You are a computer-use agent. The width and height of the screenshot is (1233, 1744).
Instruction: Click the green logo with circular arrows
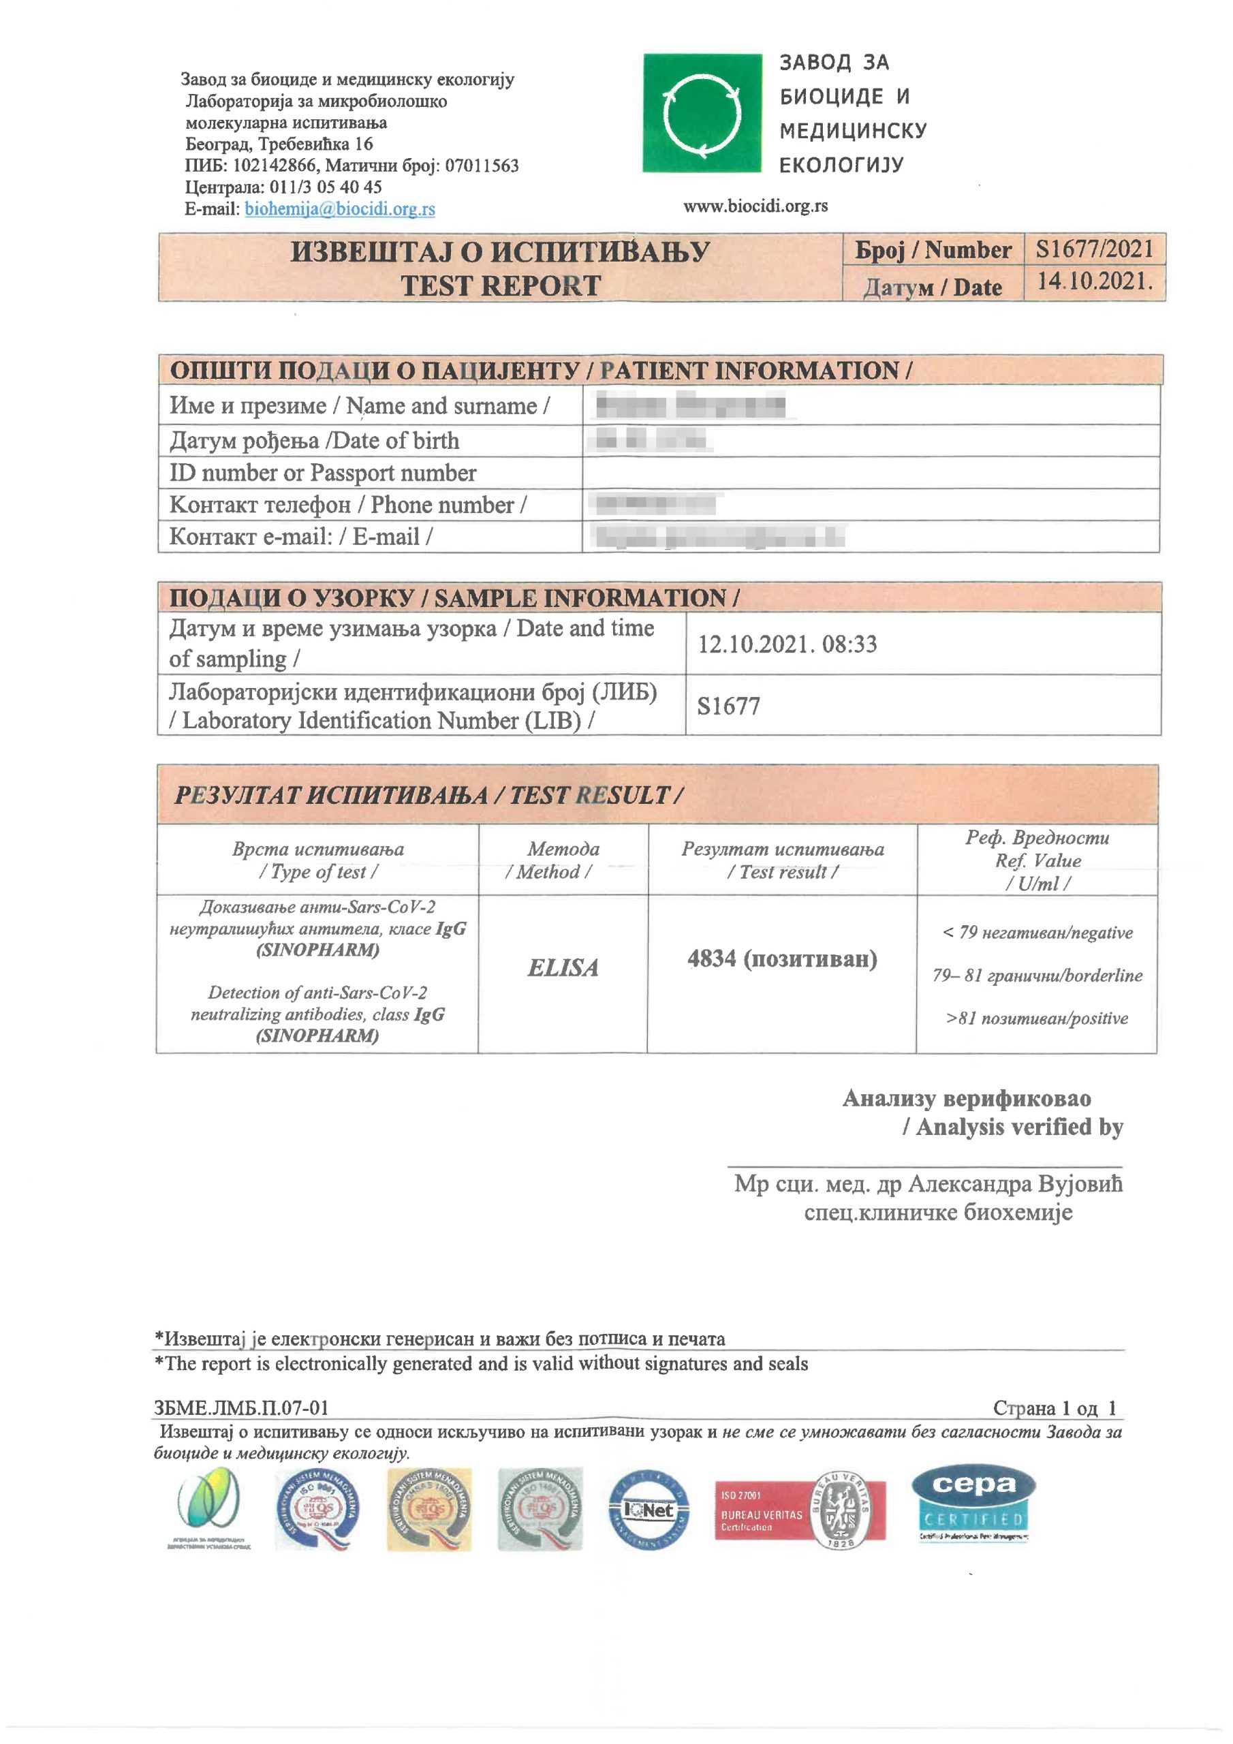pos(701,113)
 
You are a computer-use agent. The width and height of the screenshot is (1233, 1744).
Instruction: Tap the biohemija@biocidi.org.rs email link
pos(340,209)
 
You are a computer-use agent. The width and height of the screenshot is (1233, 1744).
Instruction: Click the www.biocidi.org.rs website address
pos(755,206)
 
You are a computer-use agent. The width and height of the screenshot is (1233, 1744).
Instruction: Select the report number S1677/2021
pos(1094,249)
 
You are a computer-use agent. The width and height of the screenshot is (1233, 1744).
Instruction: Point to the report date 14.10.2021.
pos(1094,282)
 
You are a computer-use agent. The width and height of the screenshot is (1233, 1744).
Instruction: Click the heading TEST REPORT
pos(501,286)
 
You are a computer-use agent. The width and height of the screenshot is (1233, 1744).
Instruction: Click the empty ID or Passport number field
pos(870,473)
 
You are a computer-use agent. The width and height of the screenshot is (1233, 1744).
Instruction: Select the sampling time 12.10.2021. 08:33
pos(787,644)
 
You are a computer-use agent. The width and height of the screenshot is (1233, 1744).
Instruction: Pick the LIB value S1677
pos(728,706)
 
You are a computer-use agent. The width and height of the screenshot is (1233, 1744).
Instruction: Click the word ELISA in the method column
pos(563,967)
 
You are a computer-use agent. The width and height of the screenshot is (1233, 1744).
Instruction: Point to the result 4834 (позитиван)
pos(782,959)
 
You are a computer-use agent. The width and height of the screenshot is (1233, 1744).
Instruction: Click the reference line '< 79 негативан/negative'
pos(1037,933)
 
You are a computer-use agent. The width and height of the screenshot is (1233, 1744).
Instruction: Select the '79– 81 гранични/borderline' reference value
pos(1037,976)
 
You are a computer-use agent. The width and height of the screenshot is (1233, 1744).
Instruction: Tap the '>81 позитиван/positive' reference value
pos(1037,1018)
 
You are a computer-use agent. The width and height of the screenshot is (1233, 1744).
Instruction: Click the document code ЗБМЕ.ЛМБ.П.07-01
pos(242,1407)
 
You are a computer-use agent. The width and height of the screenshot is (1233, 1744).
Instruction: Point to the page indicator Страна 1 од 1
pos(1055,1408)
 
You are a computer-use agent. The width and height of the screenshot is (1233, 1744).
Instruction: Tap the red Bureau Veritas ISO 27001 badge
pos(799,1511)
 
